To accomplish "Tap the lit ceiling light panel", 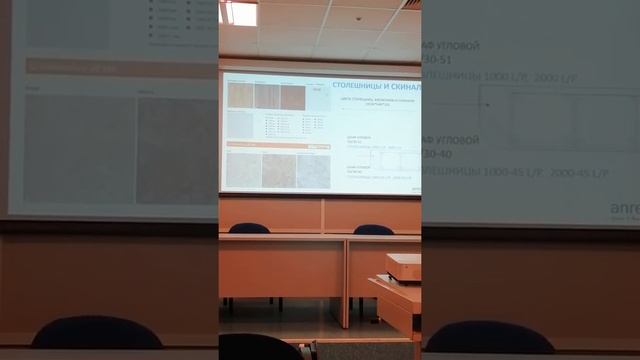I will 239,13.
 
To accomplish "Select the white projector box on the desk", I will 403,267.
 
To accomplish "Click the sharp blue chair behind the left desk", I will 249,229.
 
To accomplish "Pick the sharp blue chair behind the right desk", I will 373,230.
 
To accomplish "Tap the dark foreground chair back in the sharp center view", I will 259,346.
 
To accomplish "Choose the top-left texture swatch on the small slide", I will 239,96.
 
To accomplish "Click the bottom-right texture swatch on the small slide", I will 313,171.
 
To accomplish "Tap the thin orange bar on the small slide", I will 266,145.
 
